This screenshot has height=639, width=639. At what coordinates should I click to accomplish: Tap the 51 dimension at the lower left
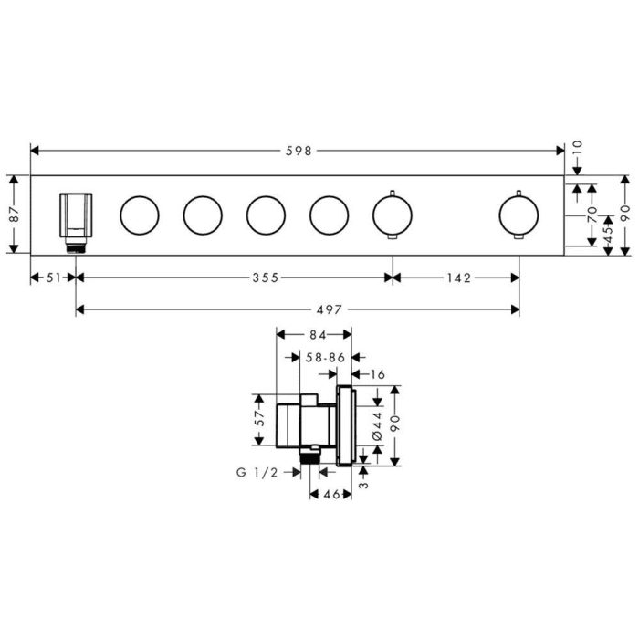click(52, 278)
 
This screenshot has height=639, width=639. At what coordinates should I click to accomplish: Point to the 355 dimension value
click(265, 278)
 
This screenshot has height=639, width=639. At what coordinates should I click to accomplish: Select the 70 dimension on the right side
click(592, 216)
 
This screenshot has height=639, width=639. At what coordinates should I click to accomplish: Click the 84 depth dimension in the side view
click(316, 335)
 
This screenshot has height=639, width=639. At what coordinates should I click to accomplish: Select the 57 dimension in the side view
click(259, 419)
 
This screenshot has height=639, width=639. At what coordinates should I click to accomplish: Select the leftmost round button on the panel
click(140, 215)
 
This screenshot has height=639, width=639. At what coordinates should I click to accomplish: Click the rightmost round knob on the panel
click(519, 215)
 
